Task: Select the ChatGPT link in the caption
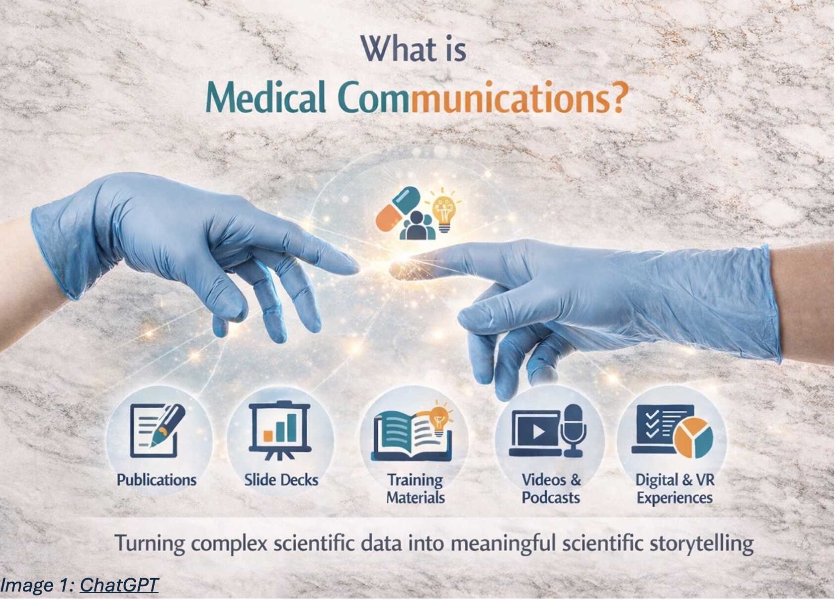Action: coord(119,585)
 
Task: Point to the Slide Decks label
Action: coord(281,480)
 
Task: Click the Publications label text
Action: coord(157,480)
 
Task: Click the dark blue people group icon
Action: coord(418,226)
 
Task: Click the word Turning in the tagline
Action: coord(150,544)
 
